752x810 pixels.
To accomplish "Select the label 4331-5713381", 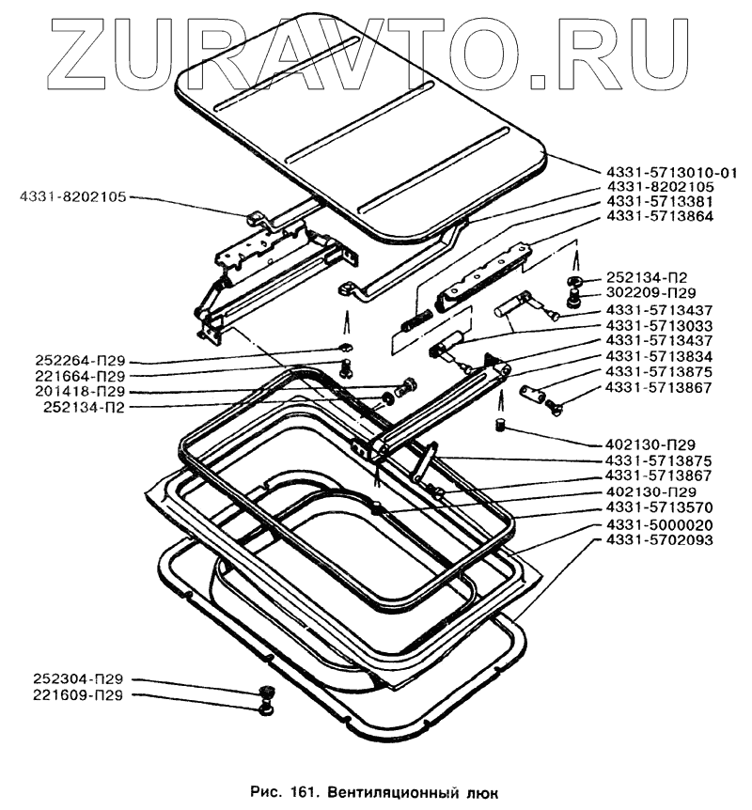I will (660, 200).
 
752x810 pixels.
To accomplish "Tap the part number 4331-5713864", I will (660, 215).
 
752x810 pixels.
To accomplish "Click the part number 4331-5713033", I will (660, 324).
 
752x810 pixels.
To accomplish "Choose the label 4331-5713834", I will (660, 357).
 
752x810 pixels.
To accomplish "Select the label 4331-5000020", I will (660, 524).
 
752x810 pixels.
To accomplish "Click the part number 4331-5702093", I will (660, 540).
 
